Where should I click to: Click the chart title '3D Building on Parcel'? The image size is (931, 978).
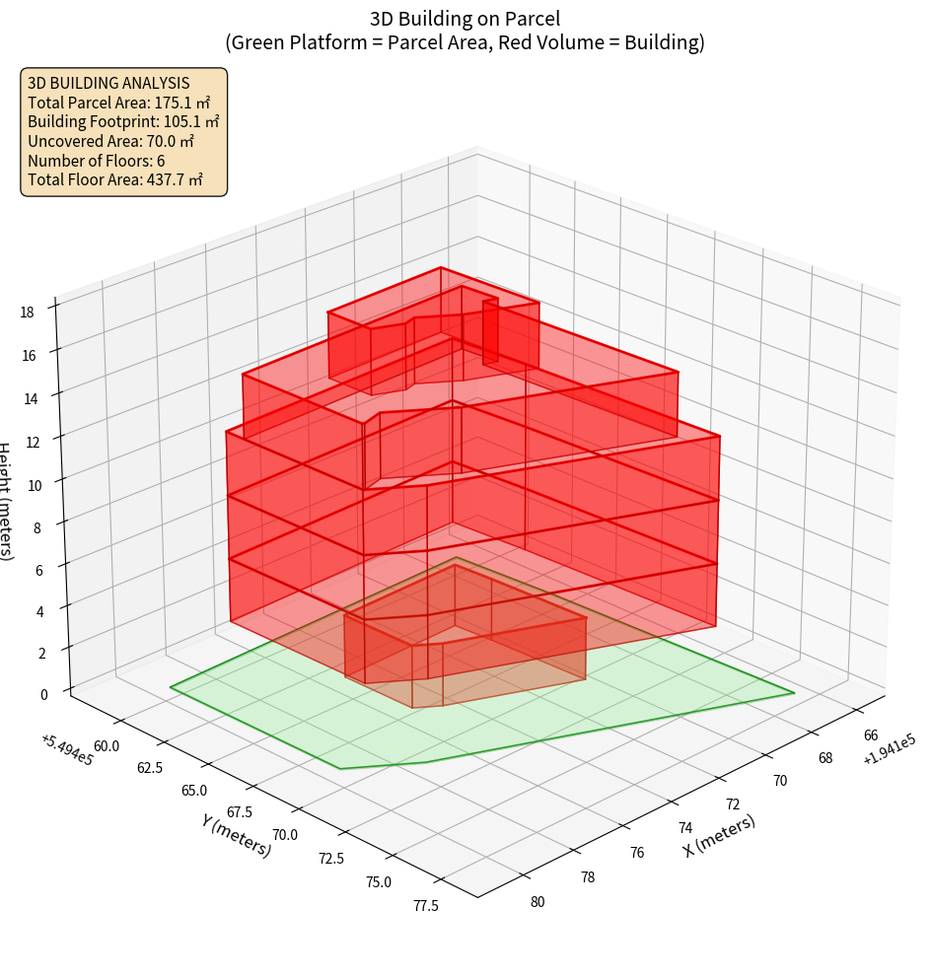point(465,18)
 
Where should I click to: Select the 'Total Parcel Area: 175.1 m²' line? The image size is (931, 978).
point(118,103)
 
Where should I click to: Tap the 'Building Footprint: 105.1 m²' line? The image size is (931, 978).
point(123,122)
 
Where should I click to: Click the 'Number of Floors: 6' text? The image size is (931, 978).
point(97,161)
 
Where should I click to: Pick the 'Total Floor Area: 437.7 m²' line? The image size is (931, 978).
point(115,180)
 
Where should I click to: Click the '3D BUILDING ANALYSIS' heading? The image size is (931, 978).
point(108,84)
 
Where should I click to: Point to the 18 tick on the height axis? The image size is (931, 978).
point(27,313)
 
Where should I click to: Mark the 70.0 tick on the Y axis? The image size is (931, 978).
point(285,835)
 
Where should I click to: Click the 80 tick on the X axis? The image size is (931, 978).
point(538,902)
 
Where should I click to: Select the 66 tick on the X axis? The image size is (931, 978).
point(872,735)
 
